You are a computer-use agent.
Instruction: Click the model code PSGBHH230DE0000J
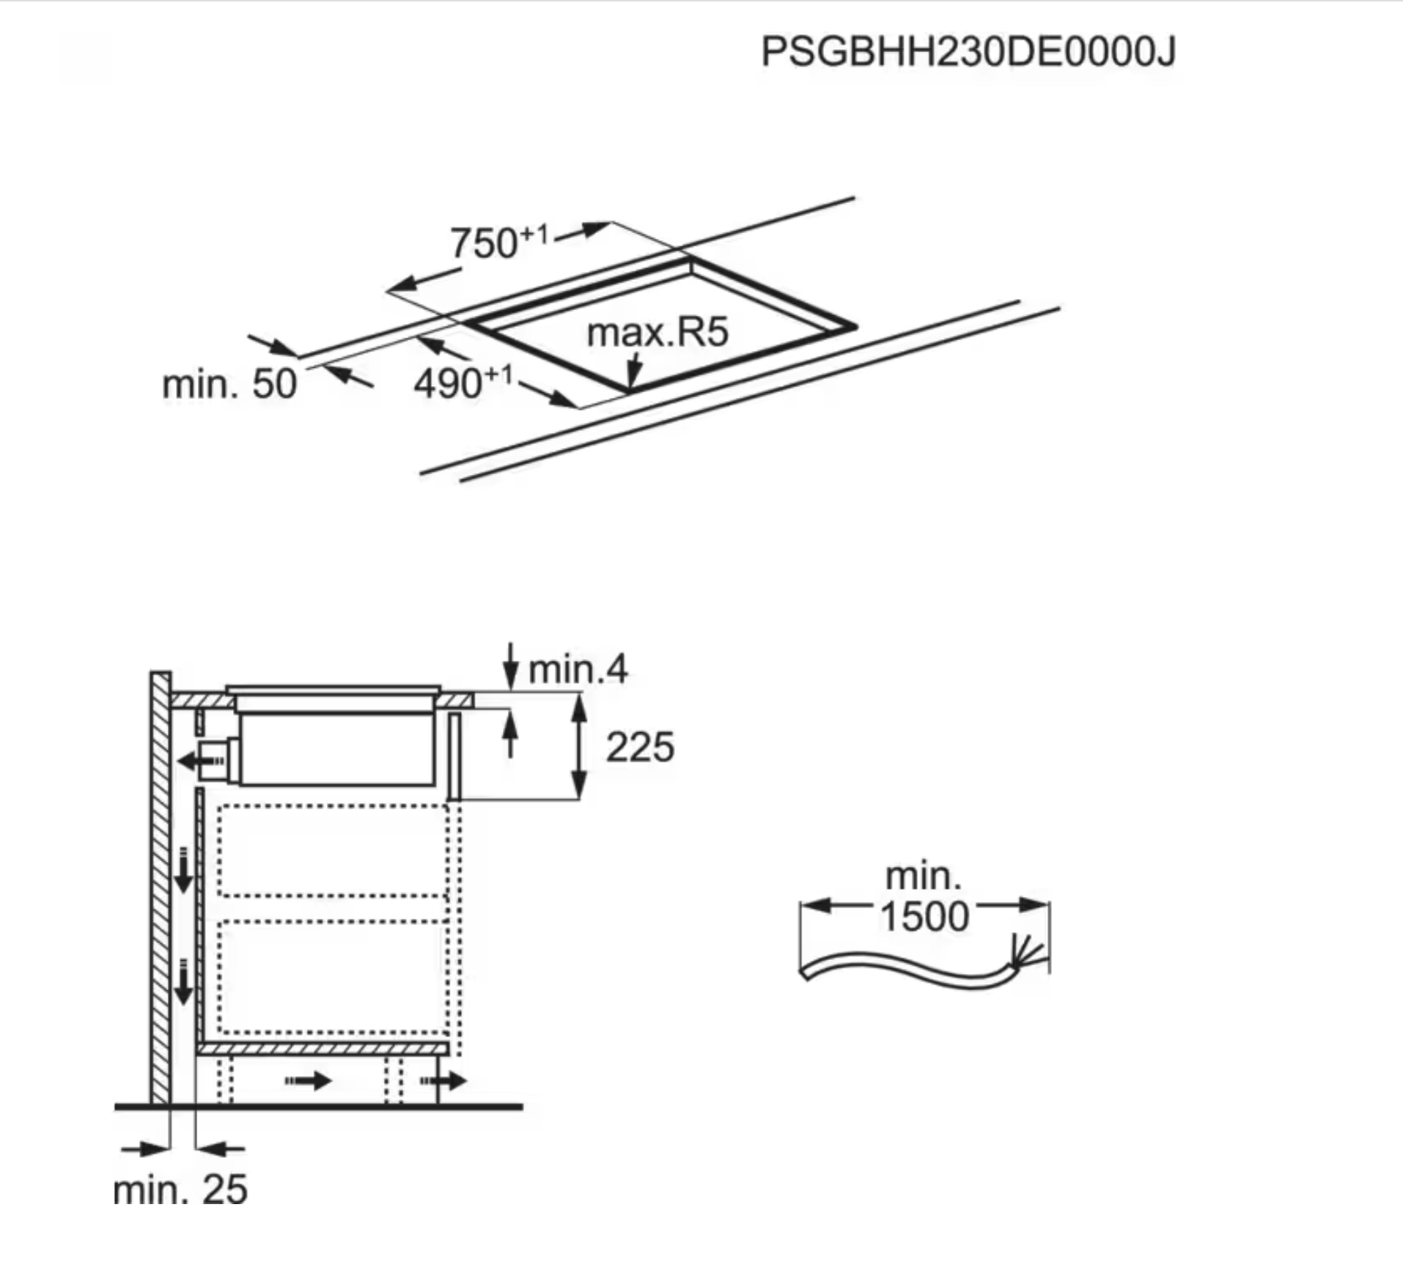[x=968, y=52]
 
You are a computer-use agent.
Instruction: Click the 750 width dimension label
[x=499, y=242]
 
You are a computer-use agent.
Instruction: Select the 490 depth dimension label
[x=463, y=383]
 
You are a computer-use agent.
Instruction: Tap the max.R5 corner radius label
[x=658, y=332]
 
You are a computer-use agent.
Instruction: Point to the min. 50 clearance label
[x=229, y=383]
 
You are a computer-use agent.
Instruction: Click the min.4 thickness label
[x=578, y=669]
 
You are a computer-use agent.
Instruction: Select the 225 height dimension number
[x=640, y=748]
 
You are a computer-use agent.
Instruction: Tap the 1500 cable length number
[x=924, y=917]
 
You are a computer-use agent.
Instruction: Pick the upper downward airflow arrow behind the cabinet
[x=183, y=871]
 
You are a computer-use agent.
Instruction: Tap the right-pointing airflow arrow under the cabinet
[x=308, y=1080]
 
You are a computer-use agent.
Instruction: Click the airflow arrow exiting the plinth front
[x=443, y=1080]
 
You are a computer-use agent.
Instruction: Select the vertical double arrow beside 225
[x=579, y=747]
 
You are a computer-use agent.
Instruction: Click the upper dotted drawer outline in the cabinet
[x=334, y=849]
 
